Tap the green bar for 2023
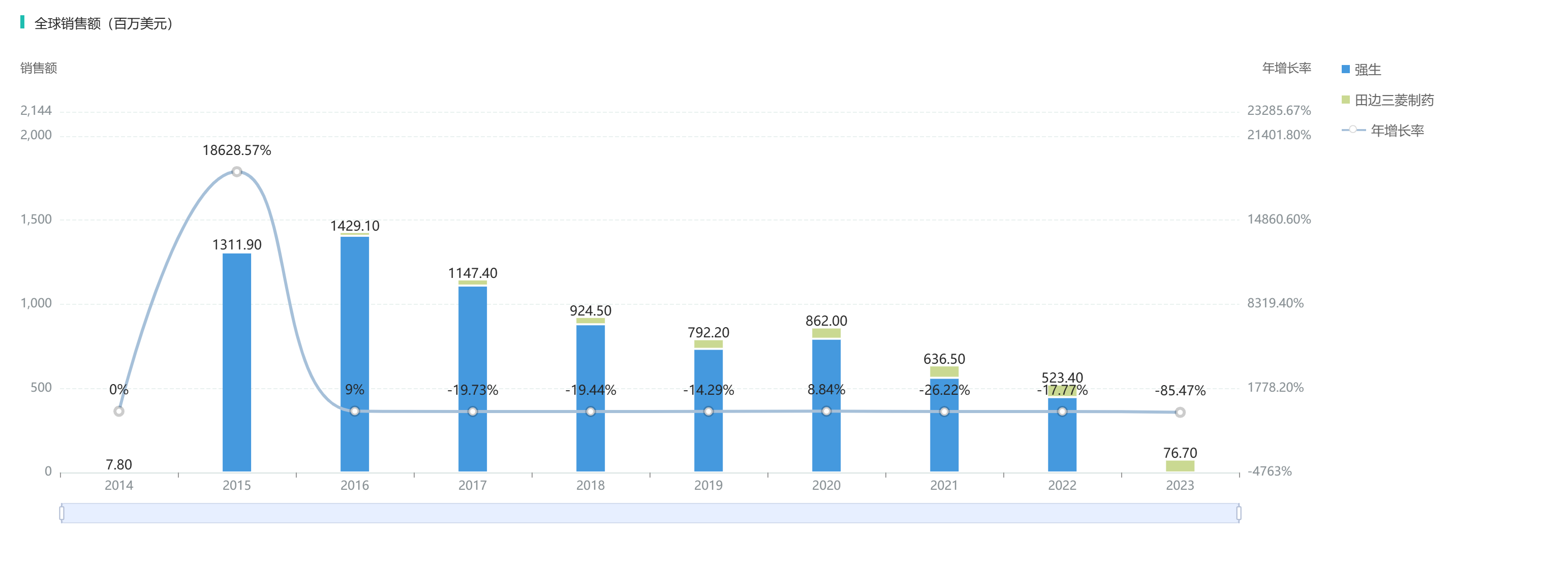pyautogui.click(x=1180, y=466)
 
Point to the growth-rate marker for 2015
pyautogui.click(x=237, y=172)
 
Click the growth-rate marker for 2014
pyautogui.click(x=119, y=412)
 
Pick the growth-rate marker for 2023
pyautogui.click(x=1180, y=413)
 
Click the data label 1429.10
pyautogui.click(x=354, y=226)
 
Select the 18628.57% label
pyautogui.click(x=237, y=150)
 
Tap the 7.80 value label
pyautogui.click(x=119, y=465)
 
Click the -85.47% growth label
pyautogui.click(x=1180, y=391)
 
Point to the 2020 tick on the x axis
pyautogui.click(x=826, y=486)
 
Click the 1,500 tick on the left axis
pyautogui.click(x=36, y=219)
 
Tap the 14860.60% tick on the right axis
pyautogui.click(x=1279, y=219)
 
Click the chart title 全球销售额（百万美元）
pyautogui.click(x=104, y=23)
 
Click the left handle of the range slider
pyautogui.click(x=62, y=513)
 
